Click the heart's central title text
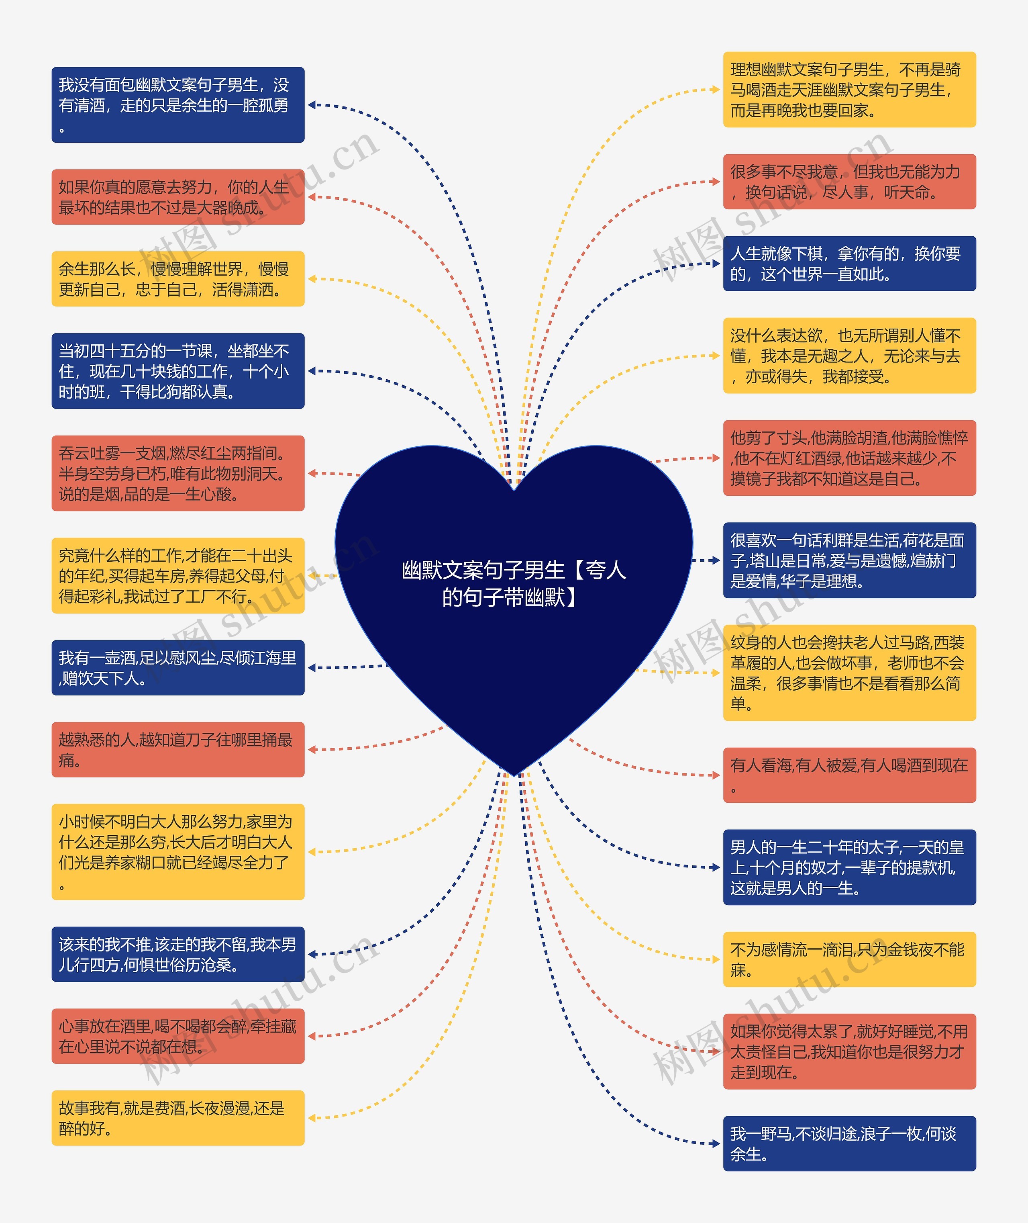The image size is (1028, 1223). (x=514, y=583)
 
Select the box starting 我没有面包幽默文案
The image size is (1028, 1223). (x=178, y=105)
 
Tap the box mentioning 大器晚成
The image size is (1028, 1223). (x=178, y=197)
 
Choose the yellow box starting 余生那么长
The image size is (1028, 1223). (x=178, y=279)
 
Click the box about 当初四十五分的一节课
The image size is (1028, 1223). (x=178, y=371)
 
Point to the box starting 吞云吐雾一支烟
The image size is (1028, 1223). (x=178, y=473)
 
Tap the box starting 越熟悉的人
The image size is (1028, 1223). (x=178, y=750)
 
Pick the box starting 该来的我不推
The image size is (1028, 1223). (x=178, y=954)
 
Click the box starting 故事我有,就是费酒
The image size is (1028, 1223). (x=178, y=1118)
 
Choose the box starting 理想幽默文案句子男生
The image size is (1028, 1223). (x=849, y=90)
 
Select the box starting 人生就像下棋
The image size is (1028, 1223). (x=849, y=264)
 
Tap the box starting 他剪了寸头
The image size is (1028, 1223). (x=849, y=458)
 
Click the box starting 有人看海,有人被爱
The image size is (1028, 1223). (x=849, y=775)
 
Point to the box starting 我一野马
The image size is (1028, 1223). (x=849, y=1144)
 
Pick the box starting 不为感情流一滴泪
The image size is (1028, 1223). (x=849, y=959)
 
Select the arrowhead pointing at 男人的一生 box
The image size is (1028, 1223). (x=716, y=867)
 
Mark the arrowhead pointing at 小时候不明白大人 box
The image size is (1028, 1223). (x=312, y=852)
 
